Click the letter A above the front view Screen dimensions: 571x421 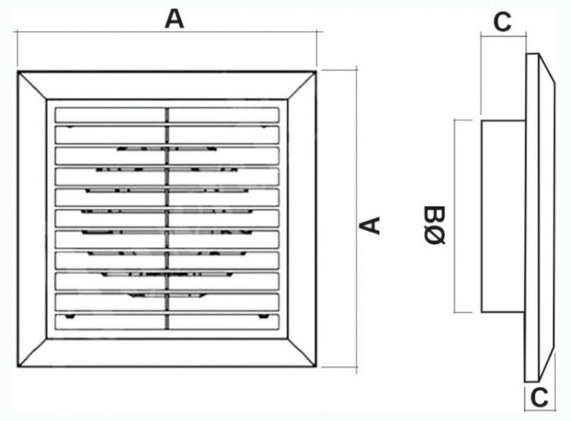coord(174,19)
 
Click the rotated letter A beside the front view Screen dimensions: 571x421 coord(370,225)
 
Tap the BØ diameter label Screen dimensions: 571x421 coord(435,225)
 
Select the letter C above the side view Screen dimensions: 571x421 coord(502,22)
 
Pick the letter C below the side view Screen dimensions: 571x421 coord(539,398)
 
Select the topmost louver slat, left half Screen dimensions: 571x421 coord(110,115)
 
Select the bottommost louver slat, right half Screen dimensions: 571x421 coord(224,321)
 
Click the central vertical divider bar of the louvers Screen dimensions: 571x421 coord(167,218)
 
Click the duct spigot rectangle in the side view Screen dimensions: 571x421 coord(503,216)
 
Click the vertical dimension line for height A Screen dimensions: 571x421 coord(356,218)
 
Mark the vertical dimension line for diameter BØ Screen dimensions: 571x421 coord(455,216)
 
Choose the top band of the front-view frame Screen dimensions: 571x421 coord(167,85)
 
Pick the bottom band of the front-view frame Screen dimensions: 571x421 coord(167,352)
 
